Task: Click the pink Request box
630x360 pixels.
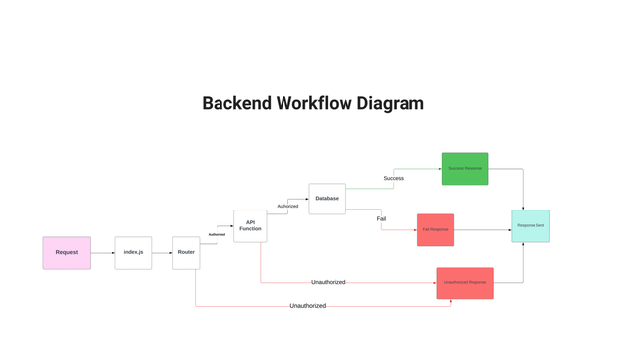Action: point(66,253)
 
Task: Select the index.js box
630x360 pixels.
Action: point(133,253)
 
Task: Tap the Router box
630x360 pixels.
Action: point(186,253)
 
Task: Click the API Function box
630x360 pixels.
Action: point(250,226)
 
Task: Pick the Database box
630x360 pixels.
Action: point(327,199)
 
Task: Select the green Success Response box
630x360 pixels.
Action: point(465,169)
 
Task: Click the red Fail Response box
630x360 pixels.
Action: point(435,230)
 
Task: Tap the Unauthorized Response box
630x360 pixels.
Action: point(465,283)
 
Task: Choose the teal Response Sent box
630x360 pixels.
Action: point(531,226)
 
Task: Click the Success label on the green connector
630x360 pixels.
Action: point(394,178)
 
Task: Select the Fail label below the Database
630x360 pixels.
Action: point(381,218)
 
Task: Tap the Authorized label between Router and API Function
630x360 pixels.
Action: point(217,234)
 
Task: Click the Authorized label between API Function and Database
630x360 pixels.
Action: point(287,206)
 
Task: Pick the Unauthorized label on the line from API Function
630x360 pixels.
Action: point(328,282)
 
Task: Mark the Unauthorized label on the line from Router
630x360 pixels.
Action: point(307,306)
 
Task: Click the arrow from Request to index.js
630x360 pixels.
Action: point(102,253)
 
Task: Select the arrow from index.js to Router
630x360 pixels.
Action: point(162,253)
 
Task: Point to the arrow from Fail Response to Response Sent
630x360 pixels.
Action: point(482,230)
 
